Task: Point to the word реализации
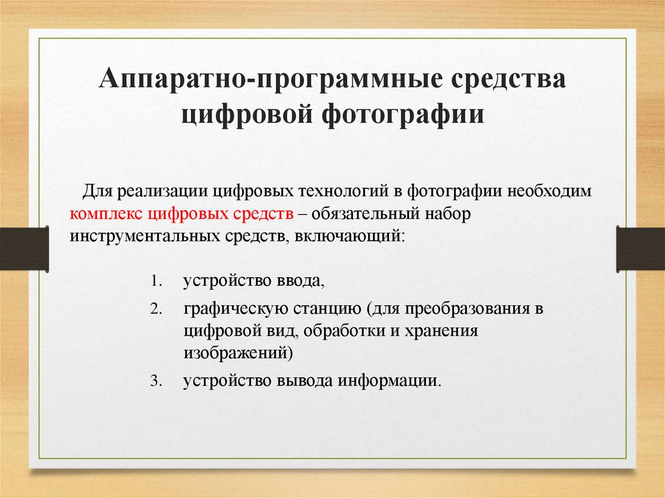[163, 192]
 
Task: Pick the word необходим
[549, 191]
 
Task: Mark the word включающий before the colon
[347, 236]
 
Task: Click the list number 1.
[156, 281]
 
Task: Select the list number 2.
[156, 309]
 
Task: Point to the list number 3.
[156, 380]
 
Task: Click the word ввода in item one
[301, 281]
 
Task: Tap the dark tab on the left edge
[24, 249]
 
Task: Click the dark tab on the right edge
[640, 249]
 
